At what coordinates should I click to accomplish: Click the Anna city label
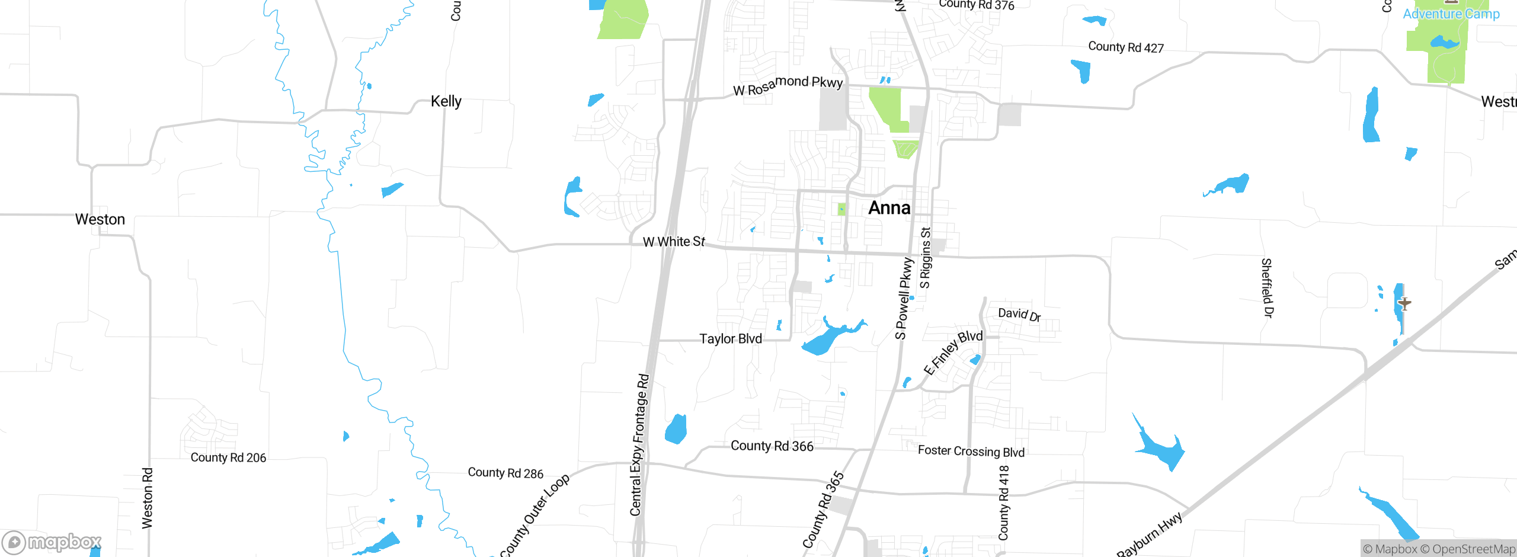889,208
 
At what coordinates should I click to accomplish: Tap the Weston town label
100,219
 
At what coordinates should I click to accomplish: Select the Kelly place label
446,101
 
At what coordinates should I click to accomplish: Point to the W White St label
674,242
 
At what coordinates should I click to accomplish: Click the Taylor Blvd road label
730,339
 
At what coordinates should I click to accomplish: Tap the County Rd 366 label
772,446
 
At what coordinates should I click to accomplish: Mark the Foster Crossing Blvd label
971,452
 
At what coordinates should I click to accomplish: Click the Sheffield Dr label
1267,288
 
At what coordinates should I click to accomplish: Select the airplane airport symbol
1404,303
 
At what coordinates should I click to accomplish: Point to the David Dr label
1019,314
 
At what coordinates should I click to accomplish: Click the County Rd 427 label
1126,47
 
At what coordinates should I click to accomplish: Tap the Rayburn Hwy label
1149,534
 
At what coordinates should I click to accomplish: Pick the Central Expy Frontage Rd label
639,444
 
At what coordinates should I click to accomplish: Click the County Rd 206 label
228,457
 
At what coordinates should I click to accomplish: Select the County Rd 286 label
505,473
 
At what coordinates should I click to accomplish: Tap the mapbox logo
52,542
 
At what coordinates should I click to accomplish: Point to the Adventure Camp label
1451,14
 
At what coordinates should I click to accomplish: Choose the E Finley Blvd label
953,352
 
